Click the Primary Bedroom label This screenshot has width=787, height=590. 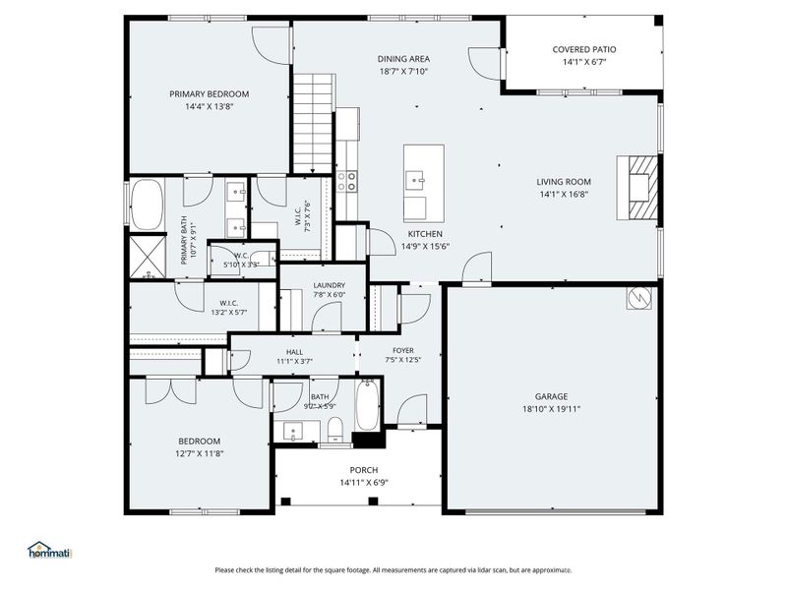[209, 94]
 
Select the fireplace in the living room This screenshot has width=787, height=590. [636, 191]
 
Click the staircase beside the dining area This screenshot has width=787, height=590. [315, 123]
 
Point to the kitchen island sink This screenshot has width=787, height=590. [418, 179]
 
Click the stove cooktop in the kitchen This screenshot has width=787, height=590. [347, 180]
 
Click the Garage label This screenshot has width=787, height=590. [552, 396]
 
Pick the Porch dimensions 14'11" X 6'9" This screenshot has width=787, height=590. [358, 483]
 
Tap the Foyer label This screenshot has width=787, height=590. [403, 350]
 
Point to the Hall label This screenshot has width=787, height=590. [294, 351]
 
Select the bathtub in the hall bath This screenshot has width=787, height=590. [367, 405]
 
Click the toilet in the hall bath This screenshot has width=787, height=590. [334, 428]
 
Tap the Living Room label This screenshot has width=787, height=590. [564, 181]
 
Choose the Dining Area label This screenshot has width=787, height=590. [403, 59]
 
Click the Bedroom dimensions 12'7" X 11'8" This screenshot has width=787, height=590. [199, 453]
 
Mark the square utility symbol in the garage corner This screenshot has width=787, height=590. [636, 295]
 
